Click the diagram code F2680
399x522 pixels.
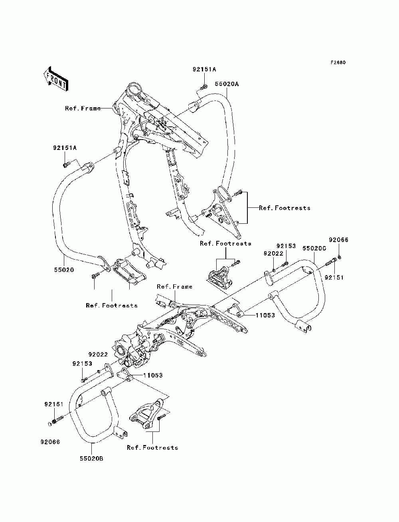[338, 63]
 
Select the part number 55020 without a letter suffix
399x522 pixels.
[64, 270]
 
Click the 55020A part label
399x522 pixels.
[227, 84]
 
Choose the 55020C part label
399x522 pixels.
[314, 248]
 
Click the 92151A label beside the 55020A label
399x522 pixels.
[204, 69]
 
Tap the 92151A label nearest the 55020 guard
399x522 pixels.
[65, 148]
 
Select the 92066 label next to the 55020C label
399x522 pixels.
[339, 240]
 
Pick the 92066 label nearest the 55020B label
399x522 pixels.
[50, 442]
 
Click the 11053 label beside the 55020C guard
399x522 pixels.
[265, 315]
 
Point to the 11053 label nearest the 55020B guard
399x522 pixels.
[153, 376]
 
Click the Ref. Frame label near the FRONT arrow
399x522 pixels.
[83, 108]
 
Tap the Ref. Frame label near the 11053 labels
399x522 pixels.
[174, 287]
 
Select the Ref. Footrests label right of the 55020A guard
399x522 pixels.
[284, 208]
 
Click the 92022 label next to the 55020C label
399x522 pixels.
[273, 254]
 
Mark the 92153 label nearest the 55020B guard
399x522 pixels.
[82, 364]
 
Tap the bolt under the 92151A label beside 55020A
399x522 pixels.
[203, 87]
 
